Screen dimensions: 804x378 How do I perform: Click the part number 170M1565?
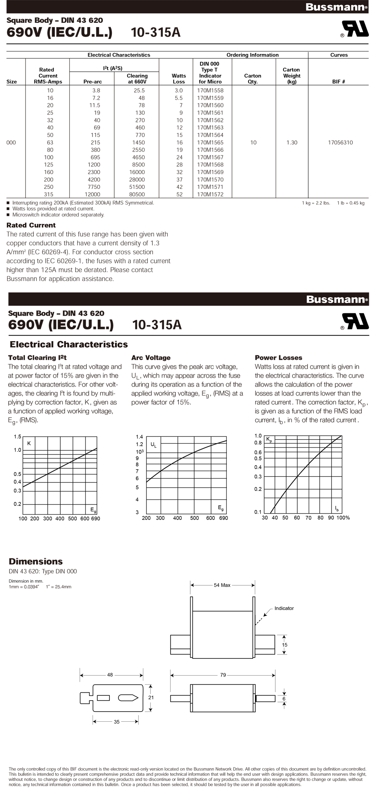(210, 142)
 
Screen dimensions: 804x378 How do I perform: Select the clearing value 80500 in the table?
(137, 194)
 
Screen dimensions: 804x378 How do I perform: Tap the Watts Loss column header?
(178, 79)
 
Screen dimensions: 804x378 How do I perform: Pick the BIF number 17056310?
(340, 142)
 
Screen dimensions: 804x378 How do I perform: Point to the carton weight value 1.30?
(292, 142)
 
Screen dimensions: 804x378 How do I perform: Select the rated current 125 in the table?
(48, 164)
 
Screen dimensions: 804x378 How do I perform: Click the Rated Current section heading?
(31, 225)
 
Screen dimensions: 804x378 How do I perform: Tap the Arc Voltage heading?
(151, 358)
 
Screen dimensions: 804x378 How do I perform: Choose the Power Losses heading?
(278, 358)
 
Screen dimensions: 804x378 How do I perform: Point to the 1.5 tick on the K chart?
(17, 437)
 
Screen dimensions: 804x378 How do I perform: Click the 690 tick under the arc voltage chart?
(223, 518)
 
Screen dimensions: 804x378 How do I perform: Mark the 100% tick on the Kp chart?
(343, 518)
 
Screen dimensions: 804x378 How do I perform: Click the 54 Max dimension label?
(222, 585)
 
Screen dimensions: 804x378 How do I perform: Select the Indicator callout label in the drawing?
(284, 608)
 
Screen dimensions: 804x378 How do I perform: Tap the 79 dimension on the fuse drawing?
(223, 675)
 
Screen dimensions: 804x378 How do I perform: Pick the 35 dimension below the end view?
(117, 722)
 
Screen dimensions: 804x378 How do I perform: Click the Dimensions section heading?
(36, 562)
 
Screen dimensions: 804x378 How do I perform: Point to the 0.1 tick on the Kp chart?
(258, 512)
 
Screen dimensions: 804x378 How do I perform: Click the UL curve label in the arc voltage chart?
(153, 445)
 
